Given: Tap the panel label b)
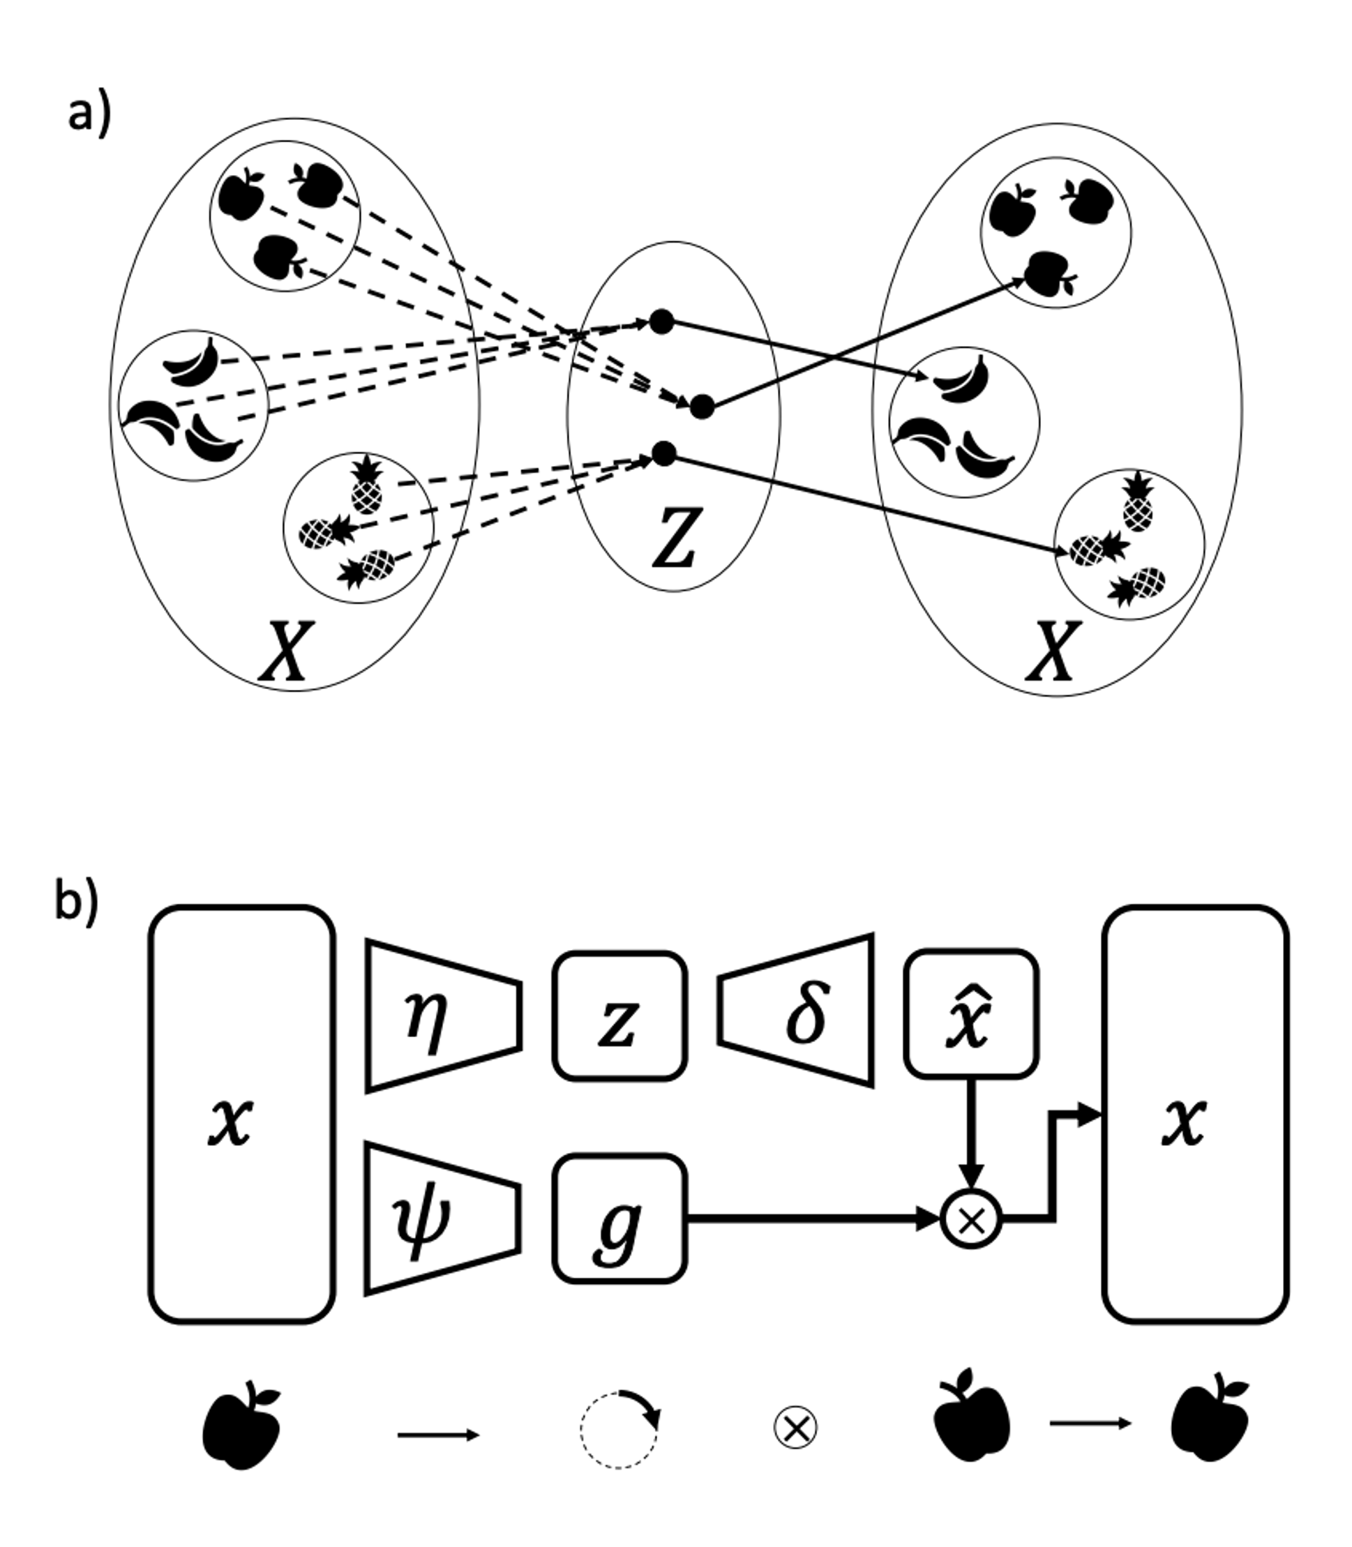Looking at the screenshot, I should (75, 905).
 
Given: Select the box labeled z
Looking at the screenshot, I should (619, 1016).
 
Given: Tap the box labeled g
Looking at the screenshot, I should (619, 1217).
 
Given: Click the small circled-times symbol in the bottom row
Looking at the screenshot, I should (796, 1428).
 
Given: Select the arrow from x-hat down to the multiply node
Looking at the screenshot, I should (971, 1131).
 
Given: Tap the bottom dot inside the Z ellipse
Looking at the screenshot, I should (664, 453).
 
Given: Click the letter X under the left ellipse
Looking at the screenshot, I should (285, 651).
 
